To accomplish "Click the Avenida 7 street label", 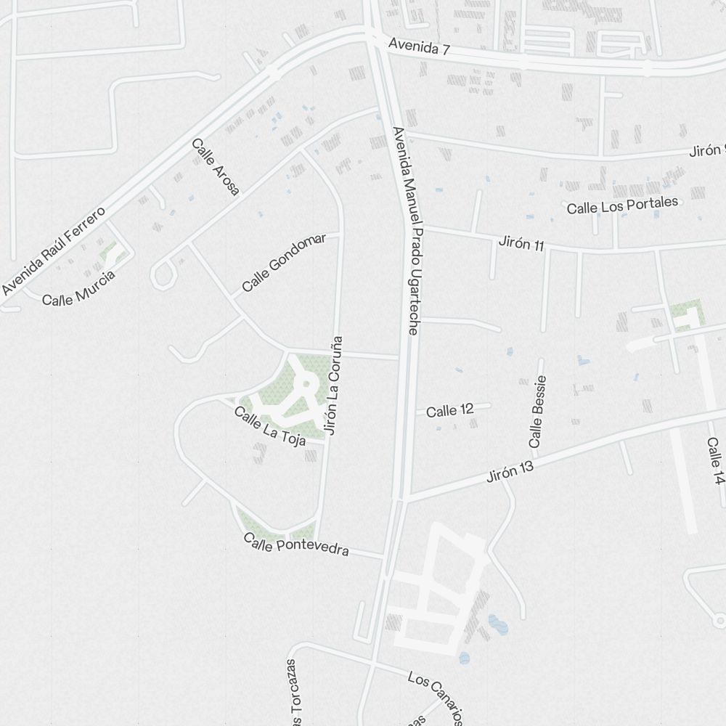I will pos(420,47).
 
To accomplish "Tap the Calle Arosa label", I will pos(215,167).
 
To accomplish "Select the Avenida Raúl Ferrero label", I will pos(54,251).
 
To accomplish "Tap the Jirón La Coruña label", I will pos(333,385).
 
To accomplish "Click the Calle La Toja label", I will pos(269,424).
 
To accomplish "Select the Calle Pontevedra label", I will pos(296,544).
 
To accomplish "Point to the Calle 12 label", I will pos(450,411).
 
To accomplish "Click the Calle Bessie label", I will pos(537,412).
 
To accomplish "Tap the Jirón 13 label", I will pos(510,471).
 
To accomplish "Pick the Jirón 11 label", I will pos(521,243).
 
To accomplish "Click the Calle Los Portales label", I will pos(622,205).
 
